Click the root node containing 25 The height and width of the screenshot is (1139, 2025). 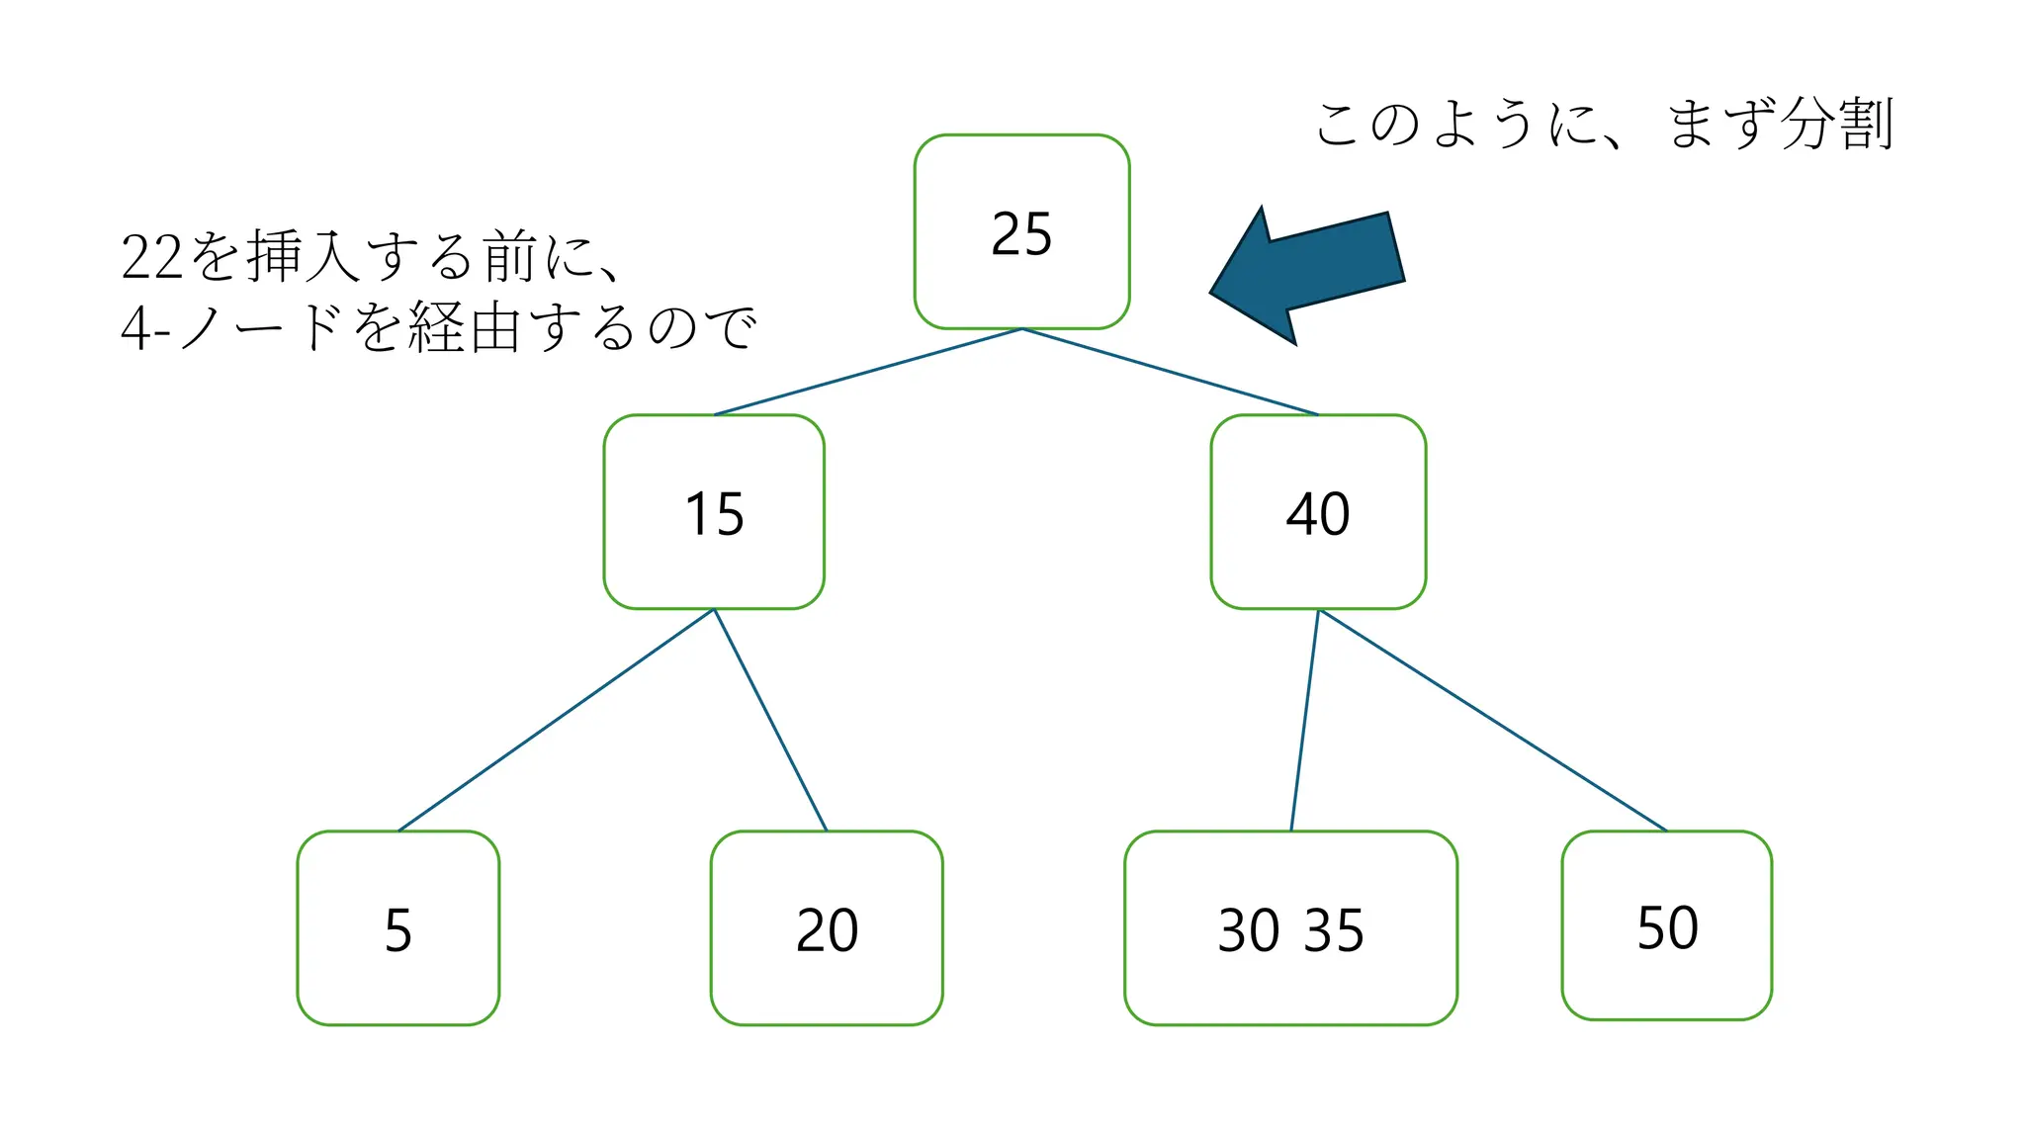(1021, 232)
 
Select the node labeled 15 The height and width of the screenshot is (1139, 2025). (714, 512)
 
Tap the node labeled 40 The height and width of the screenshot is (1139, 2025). (1318, 512)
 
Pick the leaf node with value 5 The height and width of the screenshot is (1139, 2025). (397, 928)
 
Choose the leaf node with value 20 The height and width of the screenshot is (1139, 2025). (827, 928)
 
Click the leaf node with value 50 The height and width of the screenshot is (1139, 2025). (1667, 925)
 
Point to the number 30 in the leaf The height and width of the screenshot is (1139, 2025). (1248, 930)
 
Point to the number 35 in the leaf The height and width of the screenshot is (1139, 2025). (1335, 930)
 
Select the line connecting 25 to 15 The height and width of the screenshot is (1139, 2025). (868, 372)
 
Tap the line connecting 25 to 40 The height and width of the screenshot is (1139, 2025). (1171, 372)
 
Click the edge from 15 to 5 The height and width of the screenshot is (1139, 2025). (556, 720)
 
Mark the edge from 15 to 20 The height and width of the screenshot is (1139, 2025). (770, 720)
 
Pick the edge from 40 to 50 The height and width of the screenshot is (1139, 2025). (1493, 720)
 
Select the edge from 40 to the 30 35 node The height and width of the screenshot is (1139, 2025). (1305, 720)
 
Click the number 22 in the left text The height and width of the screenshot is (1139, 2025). (152, 257)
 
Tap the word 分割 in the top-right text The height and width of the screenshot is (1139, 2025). (1836, 125)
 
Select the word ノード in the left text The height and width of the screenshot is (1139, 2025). (263, 328)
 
